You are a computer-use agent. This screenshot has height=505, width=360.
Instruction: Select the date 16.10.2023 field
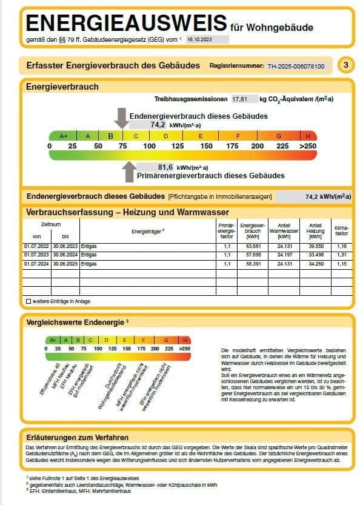(x=199, y=38)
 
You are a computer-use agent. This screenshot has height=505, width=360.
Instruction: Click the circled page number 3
(x=345, y=65)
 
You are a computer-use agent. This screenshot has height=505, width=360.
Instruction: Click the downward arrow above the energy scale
(x=121, y=118)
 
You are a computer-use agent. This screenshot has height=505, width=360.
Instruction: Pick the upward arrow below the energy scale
(x=128, y=172)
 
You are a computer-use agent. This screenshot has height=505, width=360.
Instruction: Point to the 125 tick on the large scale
(x=178, y=146)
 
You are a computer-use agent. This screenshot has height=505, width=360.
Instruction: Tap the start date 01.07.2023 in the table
(x=36, y=255)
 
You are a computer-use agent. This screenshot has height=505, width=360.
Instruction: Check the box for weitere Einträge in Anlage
(x=28, y=301)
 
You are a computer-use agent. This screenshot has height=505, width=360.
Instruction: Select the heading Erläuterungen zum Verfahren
(x=78, y=436)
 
